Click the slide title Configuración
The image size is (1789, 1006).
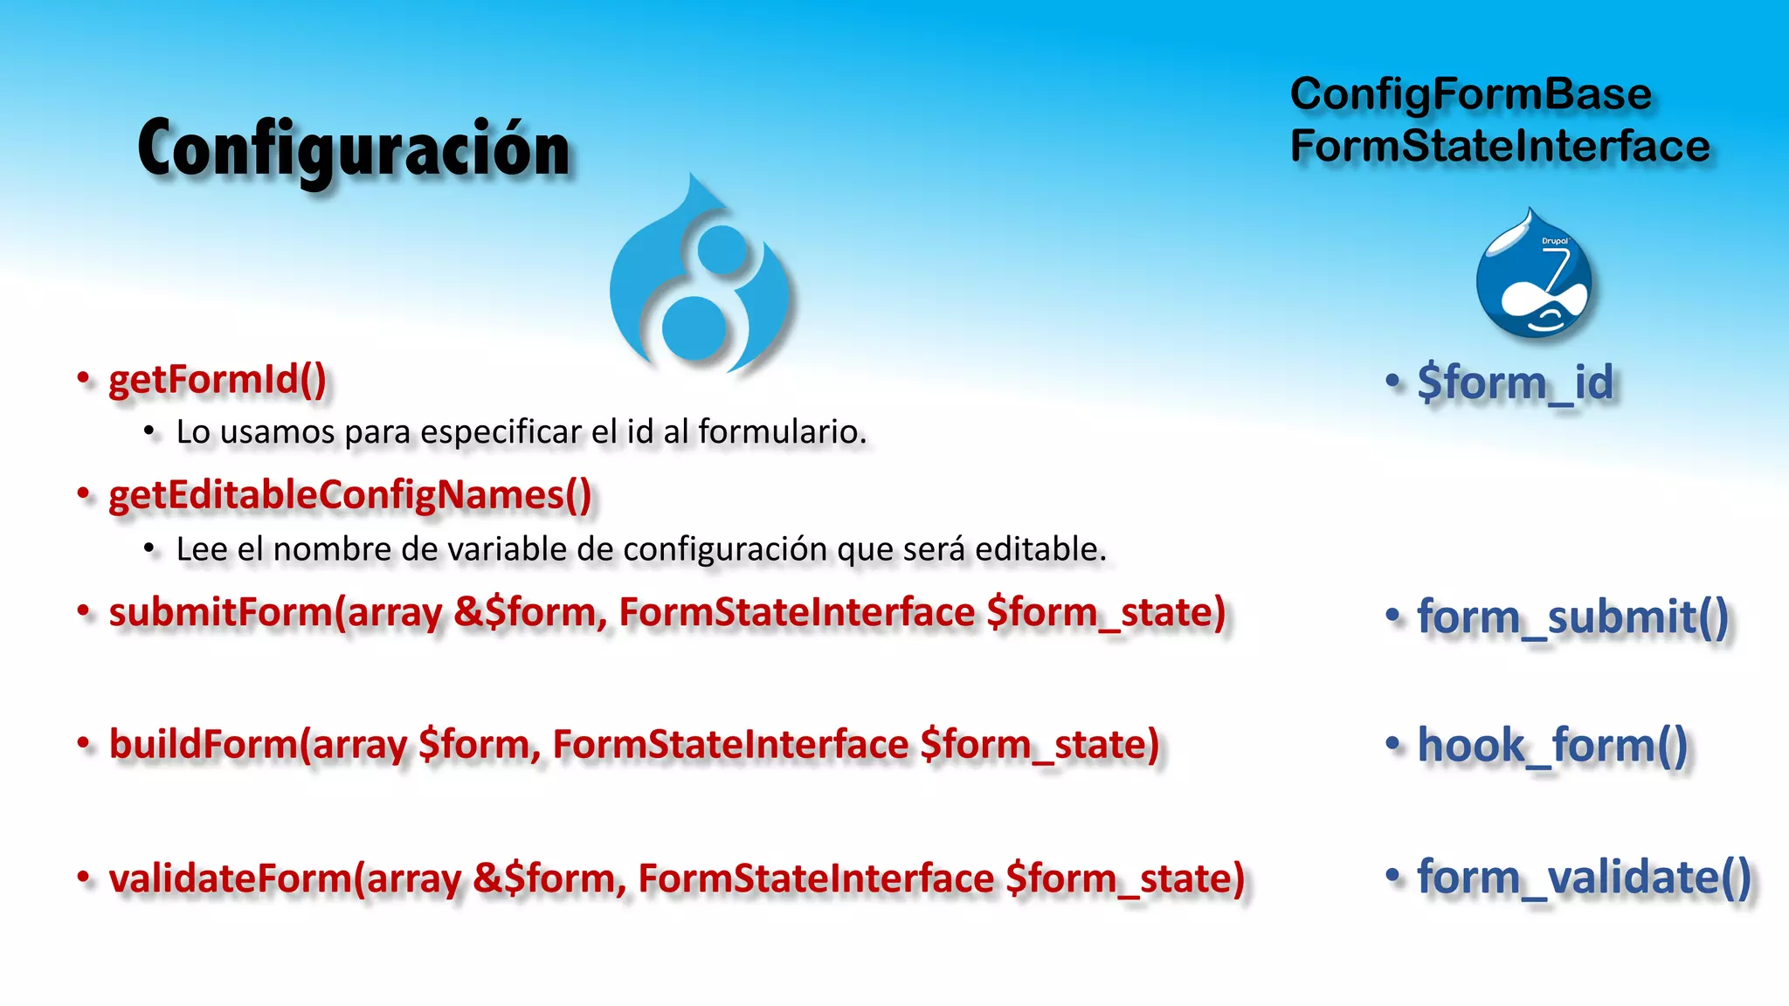(354, 149)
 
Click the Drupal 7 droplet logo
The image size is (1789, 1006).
(1533, 275)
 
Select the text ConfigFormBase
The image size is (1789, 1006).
(1470, 93)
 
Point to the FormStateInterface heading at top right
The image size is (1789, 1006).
(1499, 146)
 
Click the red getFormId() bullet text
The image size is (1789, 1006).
(217, 380)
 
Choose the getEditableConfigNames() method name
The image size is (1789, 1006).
(349, 495)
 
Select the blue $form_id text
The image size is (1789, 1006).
(1516, 382)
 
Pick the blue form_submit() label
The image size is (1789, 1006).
(1572, 617)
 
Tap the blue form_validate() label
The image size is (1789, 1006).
(1584, 877)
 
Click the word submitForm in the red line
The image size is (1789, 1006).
(221, 612)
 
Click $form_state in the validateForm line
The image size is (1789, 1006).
(1124, 879)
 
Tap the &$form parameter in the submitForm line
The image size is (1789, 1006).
(529, 612)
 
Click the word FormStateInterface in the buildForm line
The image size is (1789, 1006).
(730, 745)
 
